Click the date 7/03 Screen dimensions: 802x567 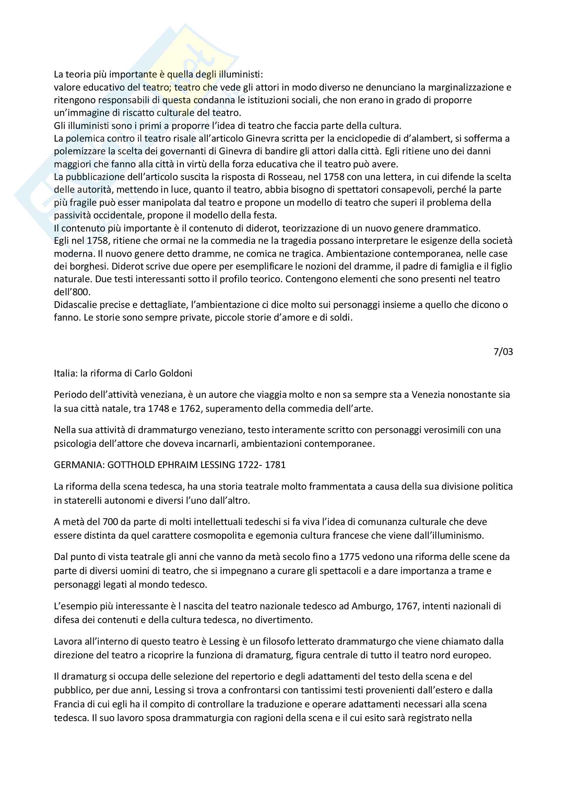(503, 351)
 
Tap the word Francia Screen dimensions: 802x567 (70, 704)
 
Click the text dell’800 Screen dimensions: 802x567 (72, 292)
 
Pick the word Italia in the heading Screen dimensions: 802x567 (65, 373)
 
